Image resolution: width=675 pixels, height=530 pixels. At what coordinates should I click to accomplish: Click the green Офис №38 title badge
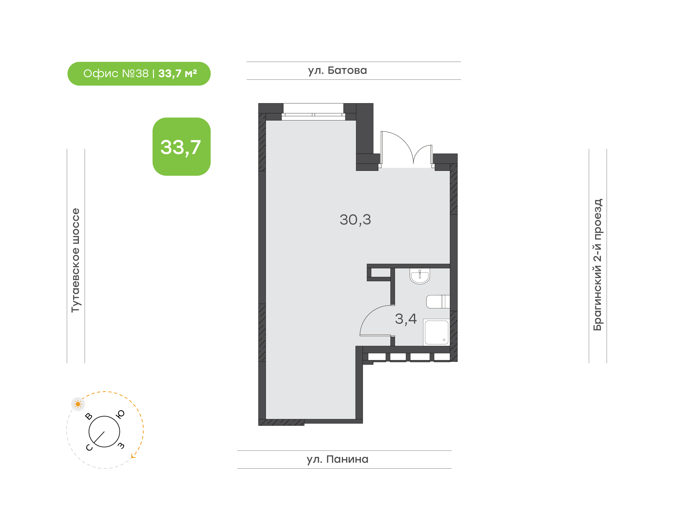pos(139,74)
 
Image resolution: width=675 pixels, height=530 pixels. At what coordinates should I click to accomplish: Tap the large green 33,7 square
pos(182,147)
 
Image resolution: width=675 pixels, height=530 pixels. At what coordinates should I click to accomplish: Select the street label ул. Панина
pos(337,459)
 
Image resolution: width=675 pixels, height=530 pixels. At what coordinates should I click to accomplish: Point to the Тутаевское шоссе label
pos(76,260)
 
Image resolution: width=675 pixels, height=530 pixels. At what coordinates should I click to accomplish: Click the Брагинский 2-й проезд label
pos(597,265)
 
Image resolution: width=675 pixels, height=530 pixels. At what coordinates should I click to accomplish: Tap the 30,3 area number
pos(355,220)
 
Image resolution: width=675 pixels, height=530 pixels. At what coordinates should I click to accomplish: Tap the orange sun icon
pos(78,404)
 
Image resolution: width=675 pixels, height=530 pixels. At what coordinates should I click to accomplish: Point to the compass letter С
pos(89,448)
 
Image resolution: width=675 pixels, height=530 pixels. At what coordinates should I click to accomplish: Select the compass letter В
pos(89,416)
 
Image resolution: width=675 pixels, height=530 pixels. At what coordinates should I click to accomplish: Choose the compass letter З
pos(121,446)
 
